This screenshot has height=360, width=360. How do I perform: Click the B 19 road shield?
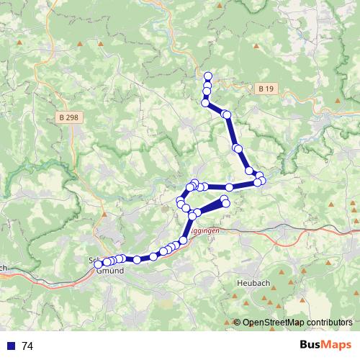click(265, 89)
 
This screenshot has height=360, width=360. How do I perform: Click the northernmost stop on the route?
click(208, 76)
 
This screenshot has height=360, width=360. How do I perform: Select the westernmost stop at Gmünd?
click(99, 264)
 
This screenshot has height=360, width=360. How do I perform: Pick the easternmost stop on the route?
click(262, 181)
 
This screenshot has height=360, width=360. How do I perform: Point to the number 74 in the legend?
click(28, 346)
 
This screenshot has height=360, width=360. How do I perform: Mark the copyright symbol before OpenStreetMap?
click(237, 323)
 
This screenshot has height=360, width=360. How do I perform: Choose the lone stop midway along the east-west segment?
click(229, 187)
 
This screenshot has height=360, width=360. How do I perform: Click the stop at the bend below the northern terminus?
click(205, 103)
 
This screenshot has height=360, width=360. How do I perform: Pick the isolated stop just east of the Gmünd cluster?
click(136, 258)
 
